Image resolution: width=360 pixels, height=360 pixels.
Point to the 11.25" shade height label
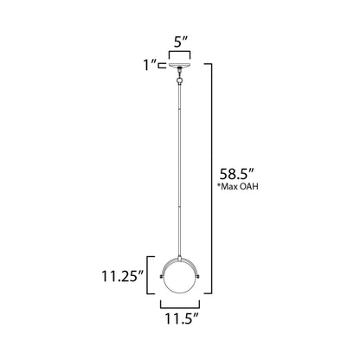click(x=120, y=279)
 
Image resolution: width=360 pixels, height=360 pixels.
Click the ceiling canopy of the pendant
click(x=179, y=65)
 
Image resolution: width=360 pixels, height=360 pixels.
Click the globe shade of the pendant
click(x=179, y=279)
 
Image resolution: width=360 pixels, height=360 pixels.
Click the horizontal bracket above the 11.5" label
click(x=179, y=305)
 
